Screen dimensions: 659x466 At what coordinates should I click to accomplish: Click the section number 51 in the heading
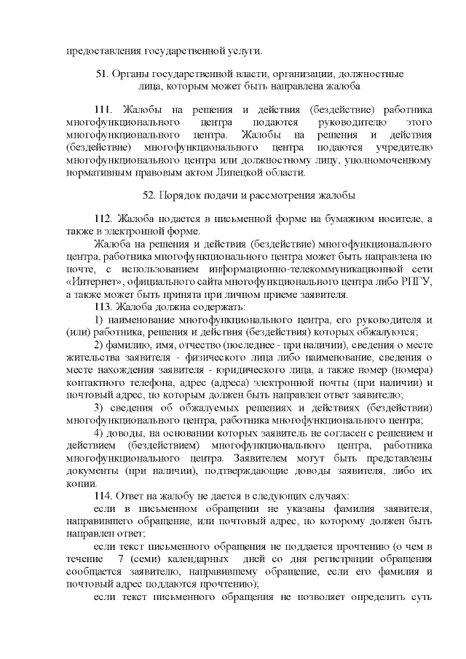[x=102, y=74]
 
